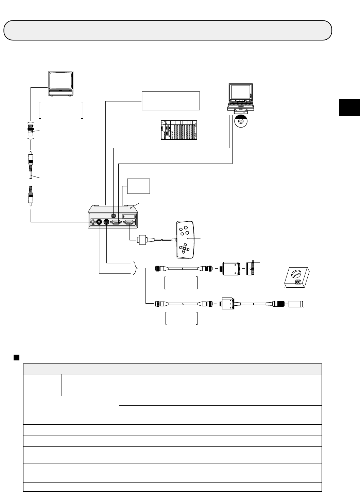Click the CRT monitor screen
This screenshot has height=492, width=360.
click(x=60, y=80)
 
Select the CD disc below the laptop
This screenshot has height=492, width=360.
click(x=241, y=121)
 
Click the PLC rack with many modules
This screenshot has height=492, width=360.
click(x=179, y=130)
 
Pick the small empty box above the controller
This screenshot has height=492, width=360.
click(x=138, y=186)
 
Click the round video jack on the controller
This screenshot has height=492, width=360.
click(x=93, y=222)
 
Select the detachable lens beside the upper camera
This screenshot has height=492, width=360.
click(x=254, y=268)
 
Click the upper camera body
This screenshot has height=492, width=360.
click(x=231, y=268)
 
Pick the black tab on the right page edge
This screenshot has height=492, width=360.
click(x=349, y=107)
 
